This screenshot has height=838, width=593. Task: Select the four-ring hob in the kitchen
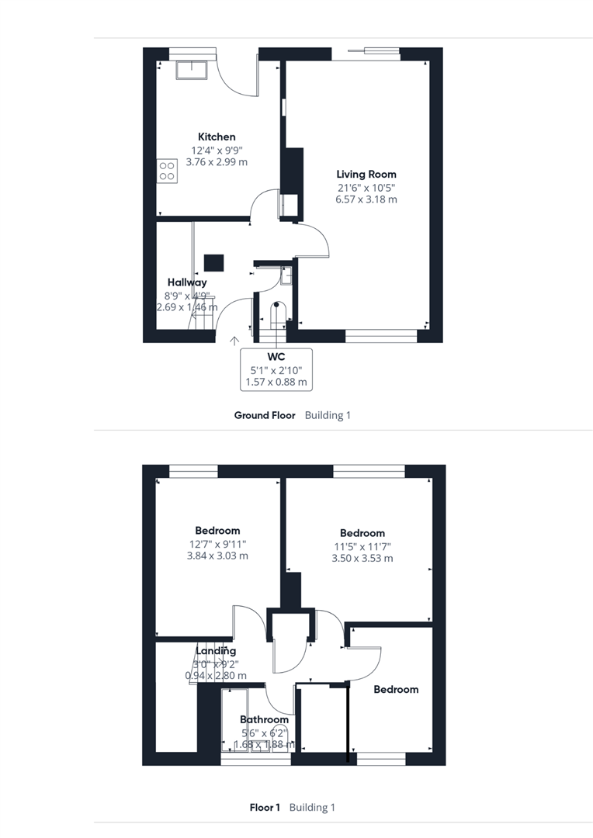click(x=166, y=171)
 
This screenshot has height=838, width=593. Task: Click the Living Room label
click(x=366, y=175)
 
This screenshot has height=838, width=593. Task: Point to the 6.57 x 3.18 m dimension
click(x=366, y=199)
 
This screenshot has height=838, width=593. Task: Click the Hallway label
click(x=187, y=282)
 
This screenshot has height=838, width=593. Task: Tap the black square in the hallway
click(x=214, y=262)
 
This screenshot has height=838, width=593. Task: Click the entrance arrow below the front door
click(x=234, y=340)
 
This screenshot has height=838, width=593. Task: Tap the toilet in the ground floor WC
click(x=277, y=313)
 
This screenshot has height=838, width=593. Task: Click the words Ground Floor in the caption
click(x=265, y=415)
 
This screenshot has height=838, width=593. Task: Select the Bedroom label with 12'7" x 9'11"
click(x=217, y=531)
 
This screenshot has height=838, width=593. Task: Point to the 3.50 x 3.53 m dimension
click(x=362, y=558)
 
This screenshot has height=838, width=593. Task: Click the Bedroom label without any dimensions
click(x=396, y=689)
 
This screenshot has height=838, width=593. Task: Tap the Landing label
click(x=216, y=651)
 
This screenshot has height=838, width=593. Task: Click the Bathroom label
click(x=264, y=719)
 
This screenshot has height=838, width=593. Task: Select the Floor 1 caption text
click(x=265, y=807)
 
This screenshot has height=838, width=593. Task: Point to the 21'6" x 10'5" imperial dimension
click(x=366, y=187)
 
